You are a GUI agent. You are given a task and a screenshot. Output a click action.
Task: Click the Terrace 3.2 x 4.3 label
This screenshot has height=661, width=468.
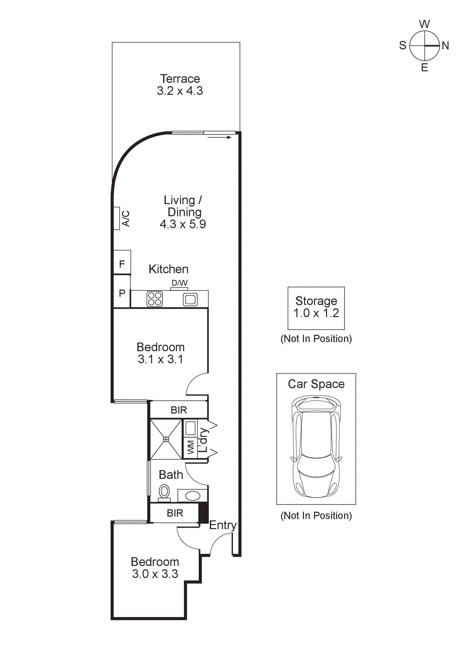[x=180, y=85]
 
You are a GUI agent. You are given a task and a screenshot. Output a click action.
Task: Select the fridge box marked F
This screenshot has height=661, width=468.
[x=122, y=263]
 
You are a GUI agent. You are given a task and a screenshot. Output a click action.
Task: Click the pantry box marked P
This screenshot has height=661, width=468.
[x=122, y=293]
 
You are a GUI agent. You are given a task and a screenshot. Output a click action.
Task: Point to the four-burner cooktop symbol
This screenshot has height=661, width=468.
[x=155, y=299]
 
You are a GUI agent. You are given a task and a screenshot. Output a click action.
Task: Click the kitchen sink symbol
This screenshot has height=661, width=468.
[x=190, y=299]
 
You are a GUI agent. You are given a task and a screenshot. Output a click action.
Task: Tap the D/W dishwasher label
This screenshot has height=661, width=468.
[x=179, y=283]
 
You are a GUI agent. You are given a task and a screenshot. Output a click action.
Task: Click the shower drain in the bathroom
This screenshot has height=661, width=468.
[x=166, y=439]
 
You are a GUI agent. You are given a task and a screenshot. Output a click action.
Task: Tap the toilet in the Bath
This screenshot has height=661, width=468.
[x=164, y=492]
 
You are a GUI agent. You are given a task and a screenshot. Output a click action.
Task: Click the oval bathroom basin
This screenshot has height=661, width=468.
[x=193, y=496]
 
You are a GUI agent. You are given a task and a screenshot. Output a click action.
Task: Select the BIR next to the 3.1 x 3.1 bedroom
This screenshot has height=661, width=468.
[x=179, y=410]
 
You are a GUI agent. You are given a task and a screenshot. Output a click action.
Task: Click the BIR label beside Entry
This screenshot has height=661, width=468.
[x=175, y=513]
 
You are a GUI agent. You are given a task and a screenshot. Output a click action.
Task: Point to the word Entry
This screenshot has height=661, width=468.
[x=222, y=525]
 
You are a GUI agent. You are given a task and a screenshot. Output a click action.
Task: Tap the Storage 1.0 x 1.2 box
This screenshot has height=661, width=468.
[x=316, y=308]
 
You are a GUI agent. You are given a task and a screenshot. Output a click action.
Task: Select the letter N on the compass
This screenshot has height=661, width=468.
[x=445, y=45]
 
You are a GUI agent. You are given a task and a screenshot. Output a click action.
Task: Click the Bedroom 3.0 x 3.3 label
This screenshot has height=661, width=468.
[x=155, y=568]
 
